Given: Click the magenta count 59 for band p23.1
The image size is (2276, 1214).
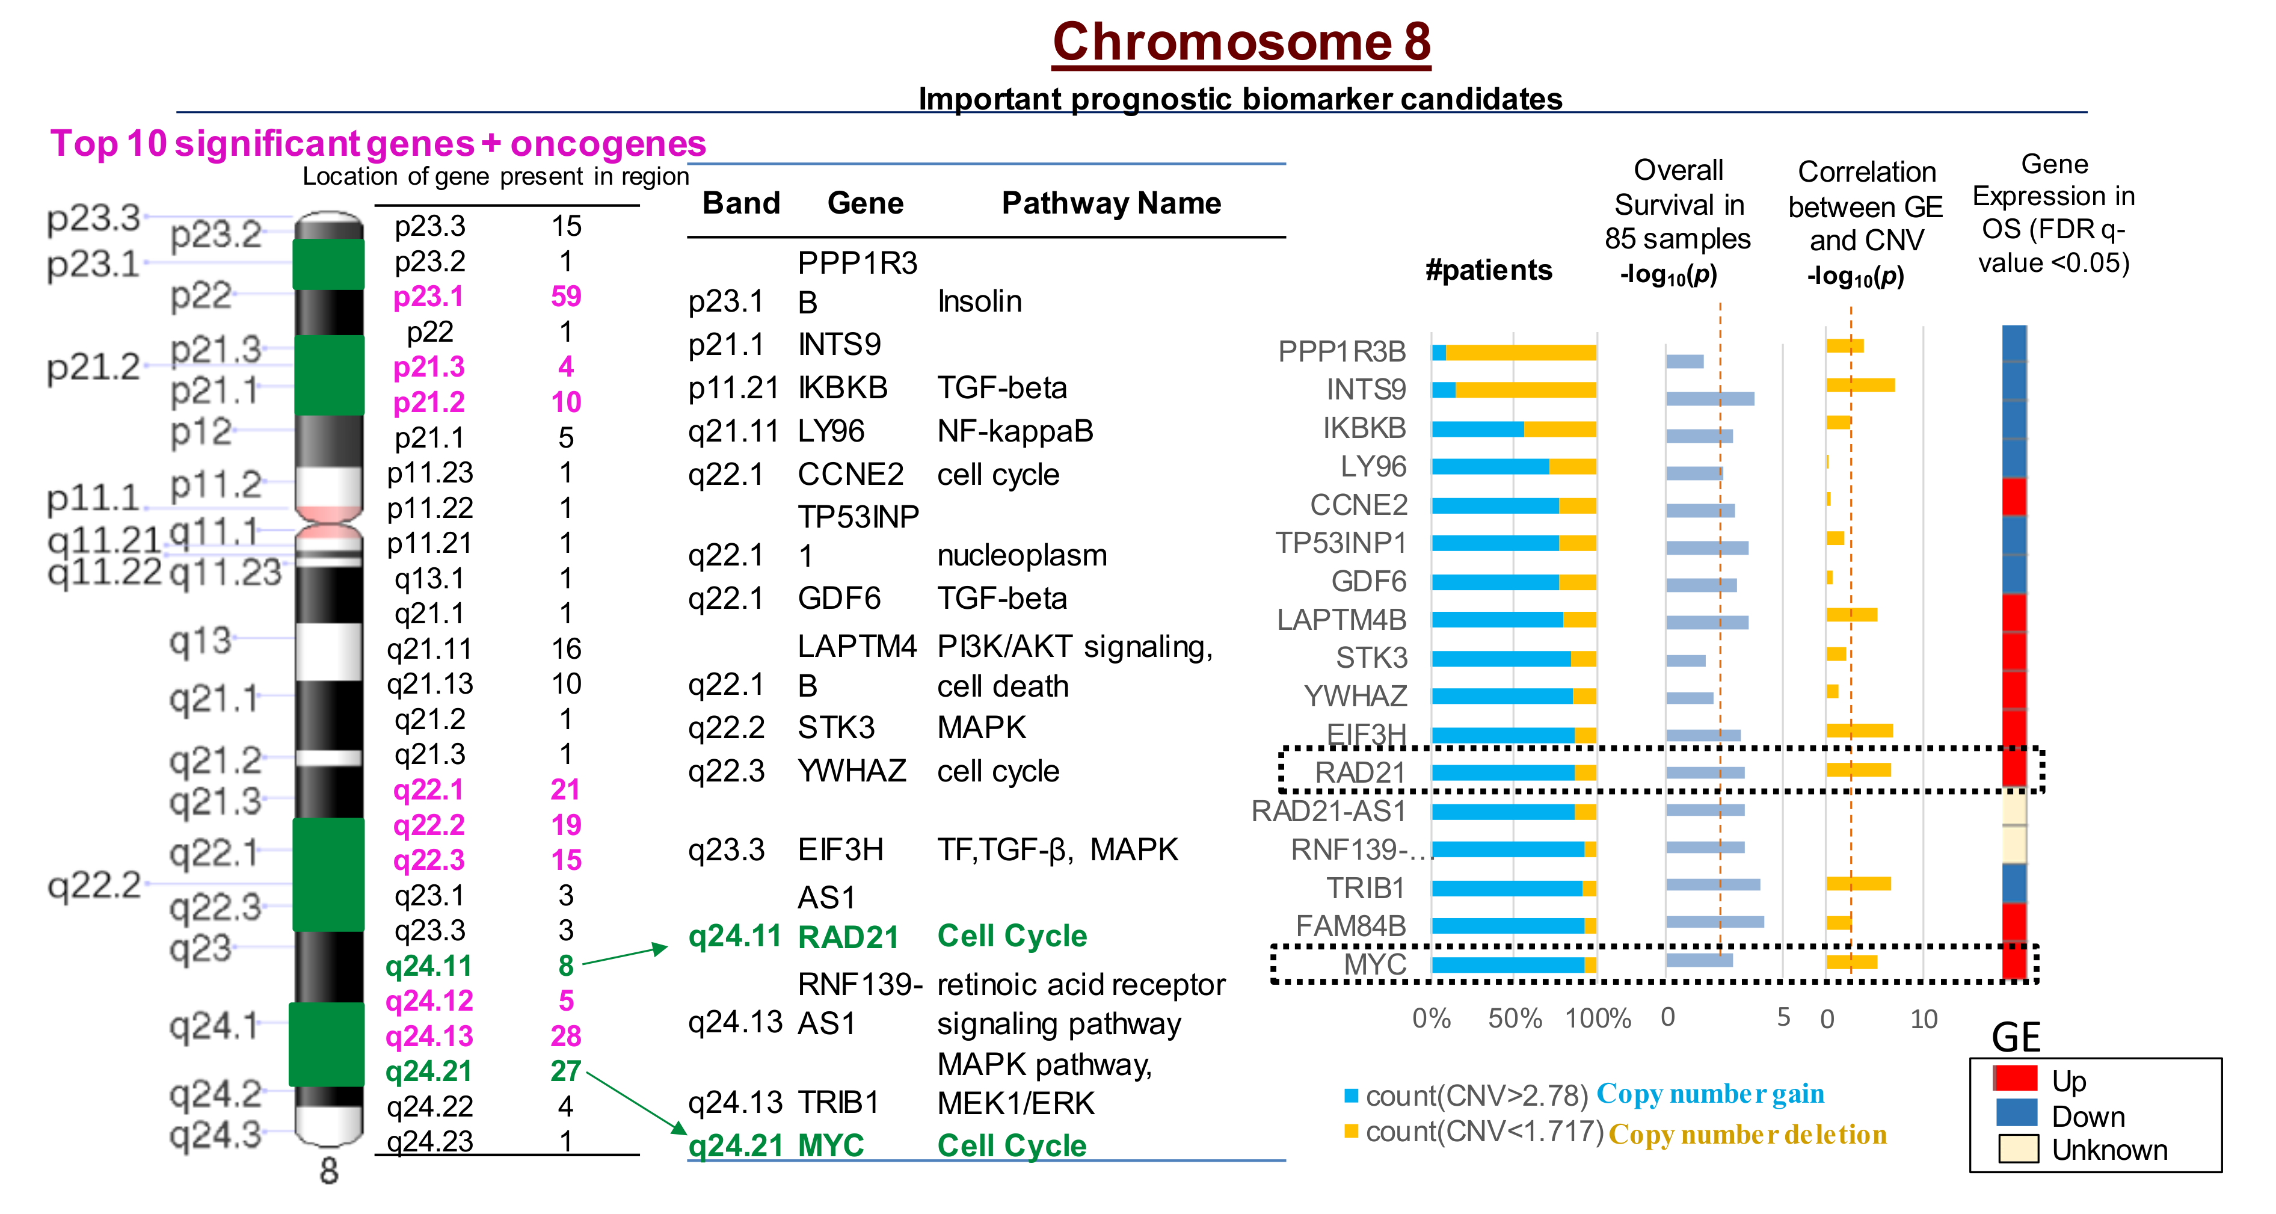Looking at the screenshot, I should click(565, 296).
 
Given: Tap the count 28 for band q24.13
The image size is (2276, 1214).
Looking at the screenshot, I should click(565, 1035).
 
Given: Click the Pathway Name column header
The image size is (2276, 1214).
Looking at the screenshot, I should click(1110, 203).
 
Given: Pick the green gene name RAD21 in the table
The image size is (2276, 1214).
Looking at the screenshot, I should click(847, 937).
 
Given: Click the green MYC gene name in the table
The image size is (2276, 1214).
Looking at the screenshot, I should click(831, 1145).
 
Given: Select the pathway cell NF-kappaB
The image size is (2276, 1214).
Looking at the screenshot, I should click(1014, 431).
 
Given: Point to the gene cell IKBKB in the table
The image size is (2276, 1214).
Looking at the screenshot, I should click(842, 388).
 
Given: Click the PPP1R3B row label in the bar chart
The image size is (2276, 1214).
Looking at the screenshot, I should click(1341, 352).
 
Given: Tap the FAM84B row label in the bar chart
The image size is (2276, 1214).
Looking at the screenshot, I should click(1350, 926).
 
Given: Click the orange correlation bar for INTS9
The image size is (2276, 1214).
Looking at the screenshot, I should click(1860, 385).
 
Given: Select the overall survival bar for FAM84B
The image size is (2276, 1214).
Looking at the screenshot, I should click(1714, 922).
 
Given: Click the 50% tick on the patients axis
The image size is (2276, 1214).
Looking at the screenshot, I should click(1515, 1018).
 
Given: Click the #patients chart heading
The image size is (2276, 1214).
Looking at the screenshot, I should click(1488, 270).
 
